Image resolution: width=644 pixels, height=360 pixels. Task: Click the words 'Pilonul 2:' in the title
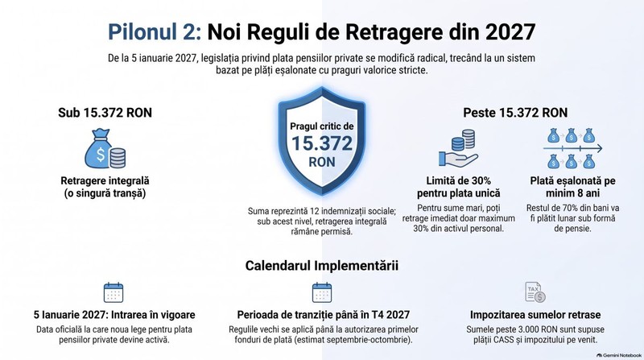tap(155, 32)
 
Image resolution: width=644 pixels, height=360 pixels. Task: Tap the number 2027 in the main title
tap(510, 32)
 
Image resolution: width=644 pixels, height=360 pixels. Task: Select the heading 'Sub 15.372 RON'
tap(105, 113)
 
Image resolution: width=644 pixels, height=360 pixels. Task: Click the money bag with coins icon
tap(105, 149)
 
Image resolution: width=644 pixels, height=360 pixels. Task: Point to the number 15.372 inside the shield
tap(322, 143)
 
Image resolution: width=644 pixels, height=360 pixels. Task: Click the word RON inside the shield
tap(322, 162)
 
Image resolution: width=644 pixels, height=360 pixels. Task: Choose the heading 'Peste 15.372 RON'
tap(515, 113)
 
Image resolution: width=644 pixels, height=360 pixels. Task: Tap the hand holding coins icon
tap(458, 148)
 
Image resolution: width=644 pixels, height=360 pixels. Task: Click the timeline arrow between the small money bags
tap(572, 148)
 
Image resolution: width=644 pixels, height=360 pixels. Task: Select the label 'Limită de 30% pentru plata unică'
tap(458, 187)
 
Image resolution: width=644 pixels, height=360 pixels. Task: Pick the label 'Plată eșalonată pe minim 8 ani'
tap(572, 187)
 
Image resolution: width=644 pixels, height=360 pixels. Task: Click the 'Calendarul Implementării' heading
tap(321, 266)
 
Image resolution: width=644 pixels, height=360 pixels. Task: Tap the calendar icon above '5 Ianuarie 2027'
tap(114, 292)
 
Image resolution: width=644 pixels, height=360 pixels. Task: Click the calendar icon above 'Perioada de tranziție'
tap(322, 292)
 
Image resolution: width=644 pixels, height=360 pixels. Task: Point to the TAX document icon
tap(535, 292)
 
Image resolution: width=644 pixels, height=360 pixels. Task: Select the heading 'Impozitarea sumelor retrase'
tap(535, 315)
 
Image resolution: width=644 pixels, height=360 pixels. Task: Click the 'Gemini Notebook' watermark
tap(619, 355)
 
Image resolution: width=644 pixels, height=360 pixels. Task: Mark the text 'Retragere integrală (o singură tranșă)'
tap(105, 187)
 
